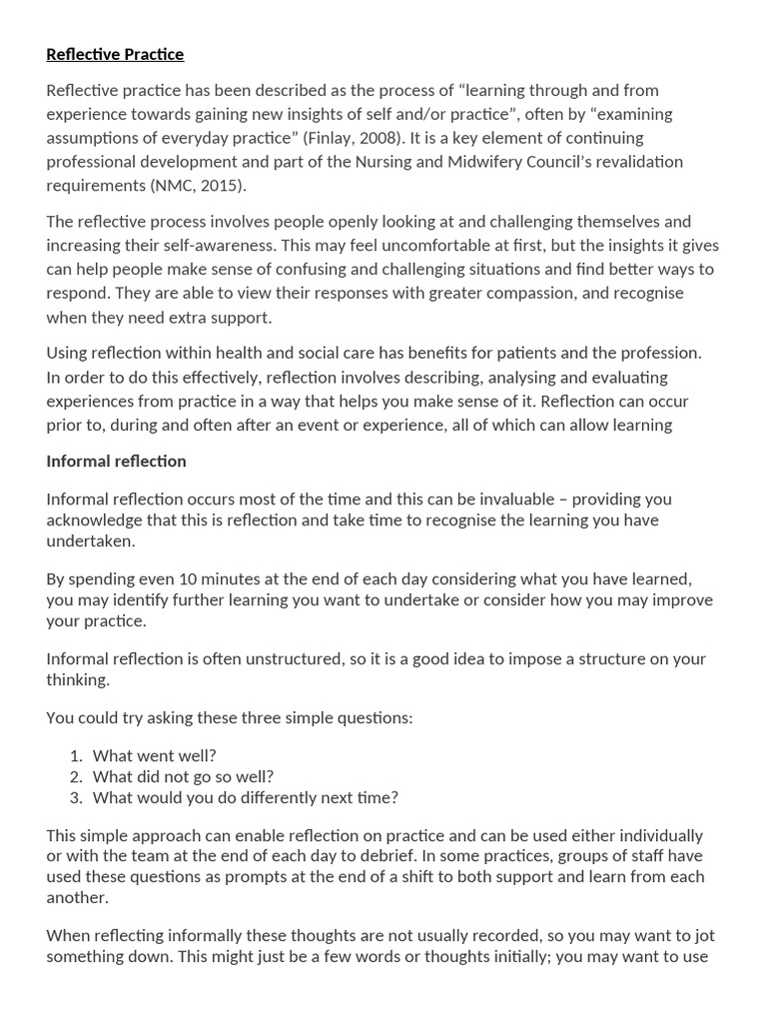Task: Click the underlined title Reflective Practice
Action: click(x=115, y=54)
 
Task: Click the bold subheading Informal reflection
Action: click(x=116, y=461)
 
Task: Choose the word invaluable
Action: click(x=492, y=499)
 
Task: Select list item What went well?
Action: click(x=154, y=756)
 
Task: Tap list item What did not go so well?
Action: click(x=183, y=776)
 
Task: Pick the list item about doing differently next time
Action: click(x=245, y=797)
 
